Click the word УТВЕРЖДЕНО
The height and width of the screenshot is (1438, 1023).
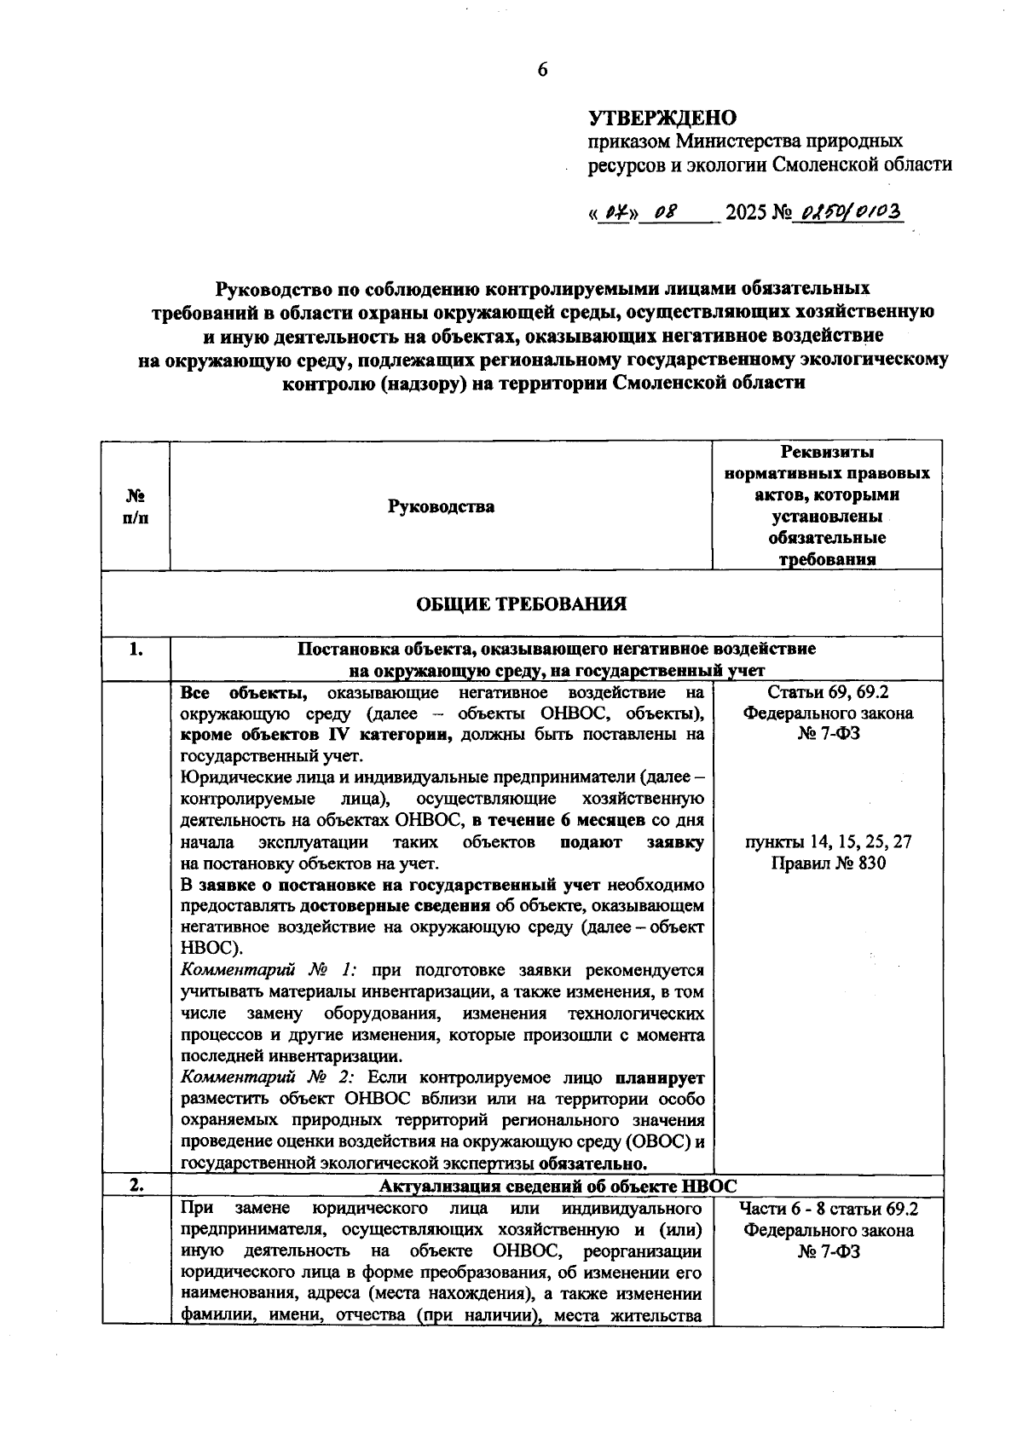point(662,118)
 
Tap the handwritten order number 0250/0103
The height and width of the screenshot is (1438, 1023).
point(847,211)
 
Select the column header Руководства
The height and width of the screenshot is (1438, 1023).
point(441,507)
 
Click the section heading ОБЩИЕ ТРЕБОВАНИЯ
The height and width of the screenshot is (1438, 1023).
point(521,604)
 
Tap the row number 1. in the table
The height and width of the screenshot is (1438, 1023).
point(136,650)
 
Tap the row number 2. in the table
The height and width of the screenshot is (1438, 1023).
point(136,1185)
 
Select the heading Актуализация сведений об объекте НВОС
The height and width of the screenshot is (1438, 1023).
point(558,1186)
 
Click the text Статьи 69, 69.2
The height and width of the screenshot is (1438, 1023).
point(828,692)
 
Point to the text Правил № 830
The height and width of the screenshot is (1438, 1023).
point(828,863)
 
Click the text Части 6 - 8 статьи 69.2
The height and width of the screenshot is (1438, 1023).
point(828,1209)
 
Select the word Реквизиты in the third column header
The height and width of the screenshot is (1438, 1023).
point(827,452)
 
